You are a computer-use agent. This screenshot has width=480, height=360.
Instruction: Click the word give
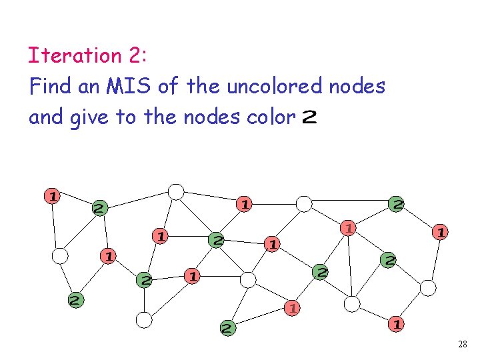click(88, 117)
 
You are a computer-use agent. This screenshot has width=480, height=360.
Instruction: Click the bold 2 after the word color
click(309, 118)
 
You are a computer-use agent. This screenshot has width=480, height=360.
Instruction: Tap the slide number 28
click(463, 345)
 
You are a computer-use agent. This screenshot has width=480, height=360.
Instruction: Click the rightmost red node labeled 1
click(440, 232)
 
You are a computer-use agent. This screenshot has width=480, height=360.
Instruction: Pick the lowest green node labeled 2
click(228, 328)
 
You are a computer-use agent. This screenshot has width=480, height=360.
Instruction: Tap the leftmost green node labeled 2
click(77, 300)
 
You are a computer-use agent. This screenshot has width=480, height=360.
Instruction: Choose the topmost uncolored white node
click(175, 192)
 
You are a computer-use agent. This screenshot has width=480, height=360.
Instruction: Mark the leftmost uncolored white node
click(60, 255)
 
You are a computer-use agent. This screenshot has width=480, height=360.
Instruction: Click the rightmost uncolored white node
click(428, 287)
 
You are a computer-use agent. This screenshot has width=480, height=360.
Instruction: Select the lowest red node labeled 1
click(396, 325)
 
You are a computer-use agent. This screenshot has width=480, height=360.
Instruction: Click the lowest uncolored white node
click(144, 320)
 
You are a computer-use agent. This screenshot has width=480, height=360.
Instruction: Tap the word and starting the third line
click(43, 117)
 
